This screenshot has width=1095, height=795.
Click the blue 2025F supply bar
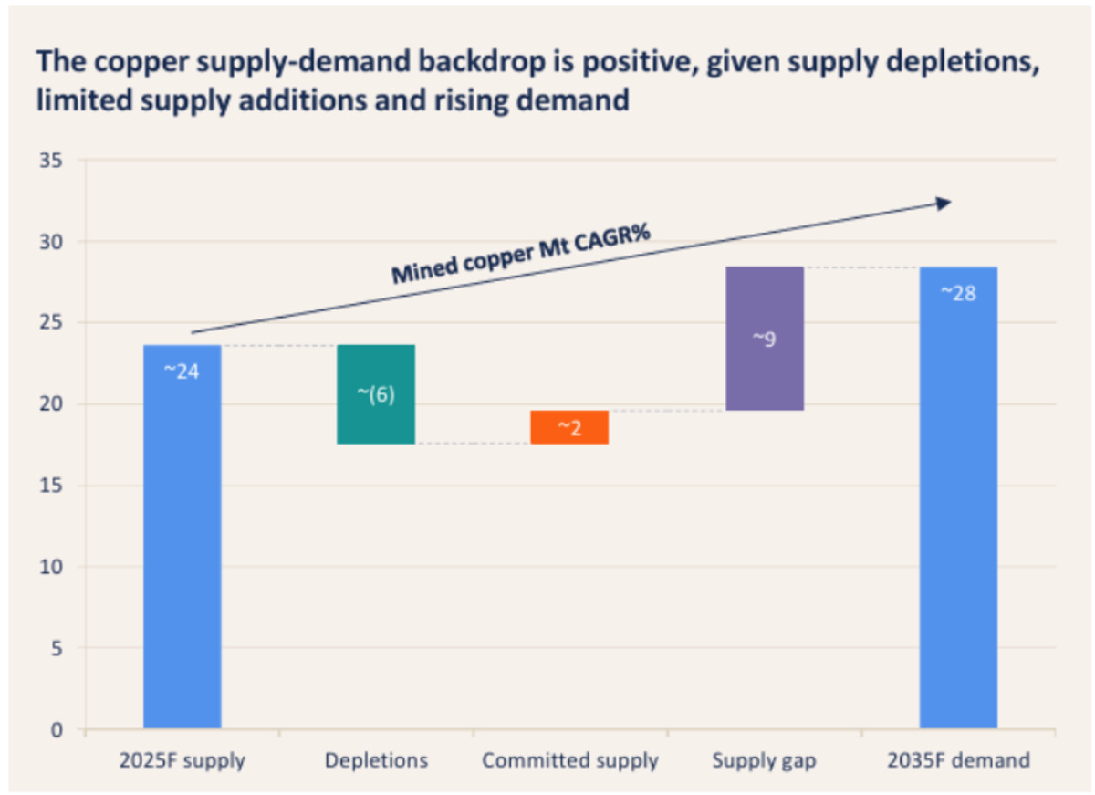coord(182,537)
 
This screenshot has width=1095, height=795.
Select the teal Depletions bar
coord(376,394)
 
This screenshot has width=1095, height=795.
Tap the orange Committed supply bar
coord(569,427)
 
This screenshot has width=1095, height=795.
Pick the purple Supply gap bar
coord(765,339)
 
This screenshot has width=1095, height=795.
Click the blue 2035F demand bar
coord(958,497)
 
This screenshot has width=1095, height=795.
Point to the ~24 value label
coord(182,371)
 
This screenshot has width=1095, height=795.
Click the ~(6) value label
coord(376,394)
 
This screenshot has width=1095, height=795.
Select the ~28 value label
coord(958,293)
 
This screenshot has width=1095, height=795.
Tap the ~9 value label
coord(764,339)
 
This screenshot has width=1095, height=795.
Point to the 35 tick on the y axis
coord(51,161)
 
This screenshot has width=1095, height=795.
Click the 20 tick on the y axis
coord(51,403)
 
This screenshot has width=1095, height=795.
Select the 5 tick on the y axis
coord(57,648)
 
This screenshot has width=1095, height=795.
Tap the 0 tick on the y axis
coord(57,730)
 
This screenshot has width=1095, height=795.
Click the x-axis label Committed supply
coord(570,761)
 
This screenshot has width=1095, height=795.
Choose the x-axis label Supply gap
coord(764,761)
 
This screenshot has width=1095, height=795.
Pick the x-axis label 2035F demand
coord(959,760)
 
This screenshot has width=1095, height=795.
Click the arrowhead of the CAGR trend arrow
coord(943,204)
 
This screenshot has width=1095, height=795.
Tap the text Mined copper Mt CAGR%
coord(521,254)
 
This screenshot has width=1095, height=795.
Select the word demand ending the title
coord(572,100)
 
